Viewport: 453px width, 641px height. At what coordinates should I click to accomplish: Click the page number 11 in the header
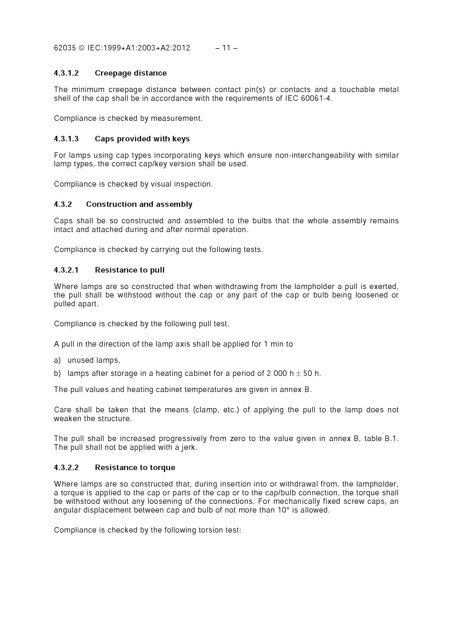226,48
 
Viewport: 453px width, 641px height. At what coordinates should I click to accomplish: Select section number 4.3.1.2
67,73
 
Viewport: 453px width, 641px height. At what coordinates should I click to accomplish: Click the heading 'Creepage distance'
131,73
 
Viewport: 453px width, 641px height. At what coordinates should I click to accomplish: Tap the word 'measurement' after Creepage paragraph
176,119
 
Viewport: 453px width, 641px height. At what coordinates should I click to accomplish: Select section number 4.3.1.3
67,139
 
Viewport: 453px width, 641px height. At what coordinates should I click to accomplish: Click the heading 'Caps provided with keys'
142,139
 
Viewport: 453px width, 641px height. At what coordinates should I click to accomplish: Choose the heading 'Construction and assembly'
139,204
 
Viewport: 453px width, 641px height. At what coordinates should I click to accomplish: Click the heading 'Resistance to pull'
130,270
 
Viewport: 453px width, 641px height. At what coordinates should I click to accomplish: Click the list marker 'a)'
57,360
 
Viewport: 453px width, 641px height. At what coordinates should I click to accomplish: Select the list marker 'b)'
57,374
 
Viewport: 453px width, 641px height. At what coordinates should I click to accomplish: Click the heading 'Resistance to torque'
135,468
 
